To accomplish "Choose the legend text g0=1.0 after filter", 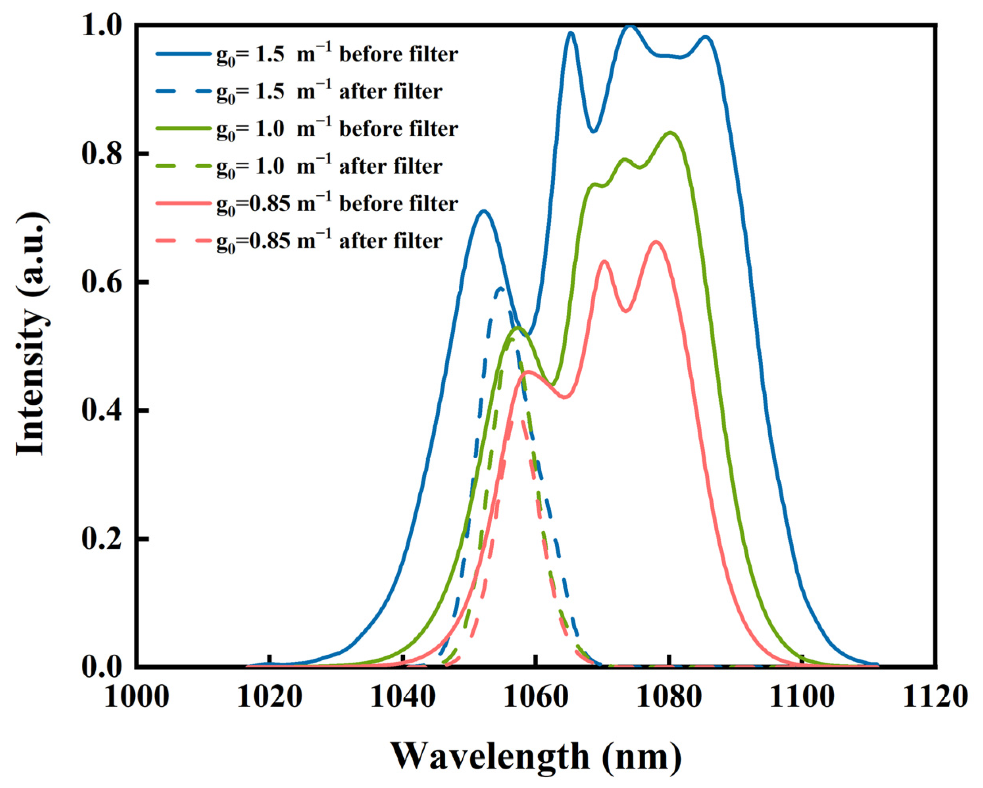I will [x=329, y=167].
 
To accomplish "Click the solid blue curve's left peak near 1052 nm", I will [x=484, y=211].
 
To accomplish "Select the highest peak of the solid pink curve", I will [x=656, y=242].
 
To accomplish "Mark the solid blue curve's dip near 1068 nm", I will [x=593, y=132].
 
